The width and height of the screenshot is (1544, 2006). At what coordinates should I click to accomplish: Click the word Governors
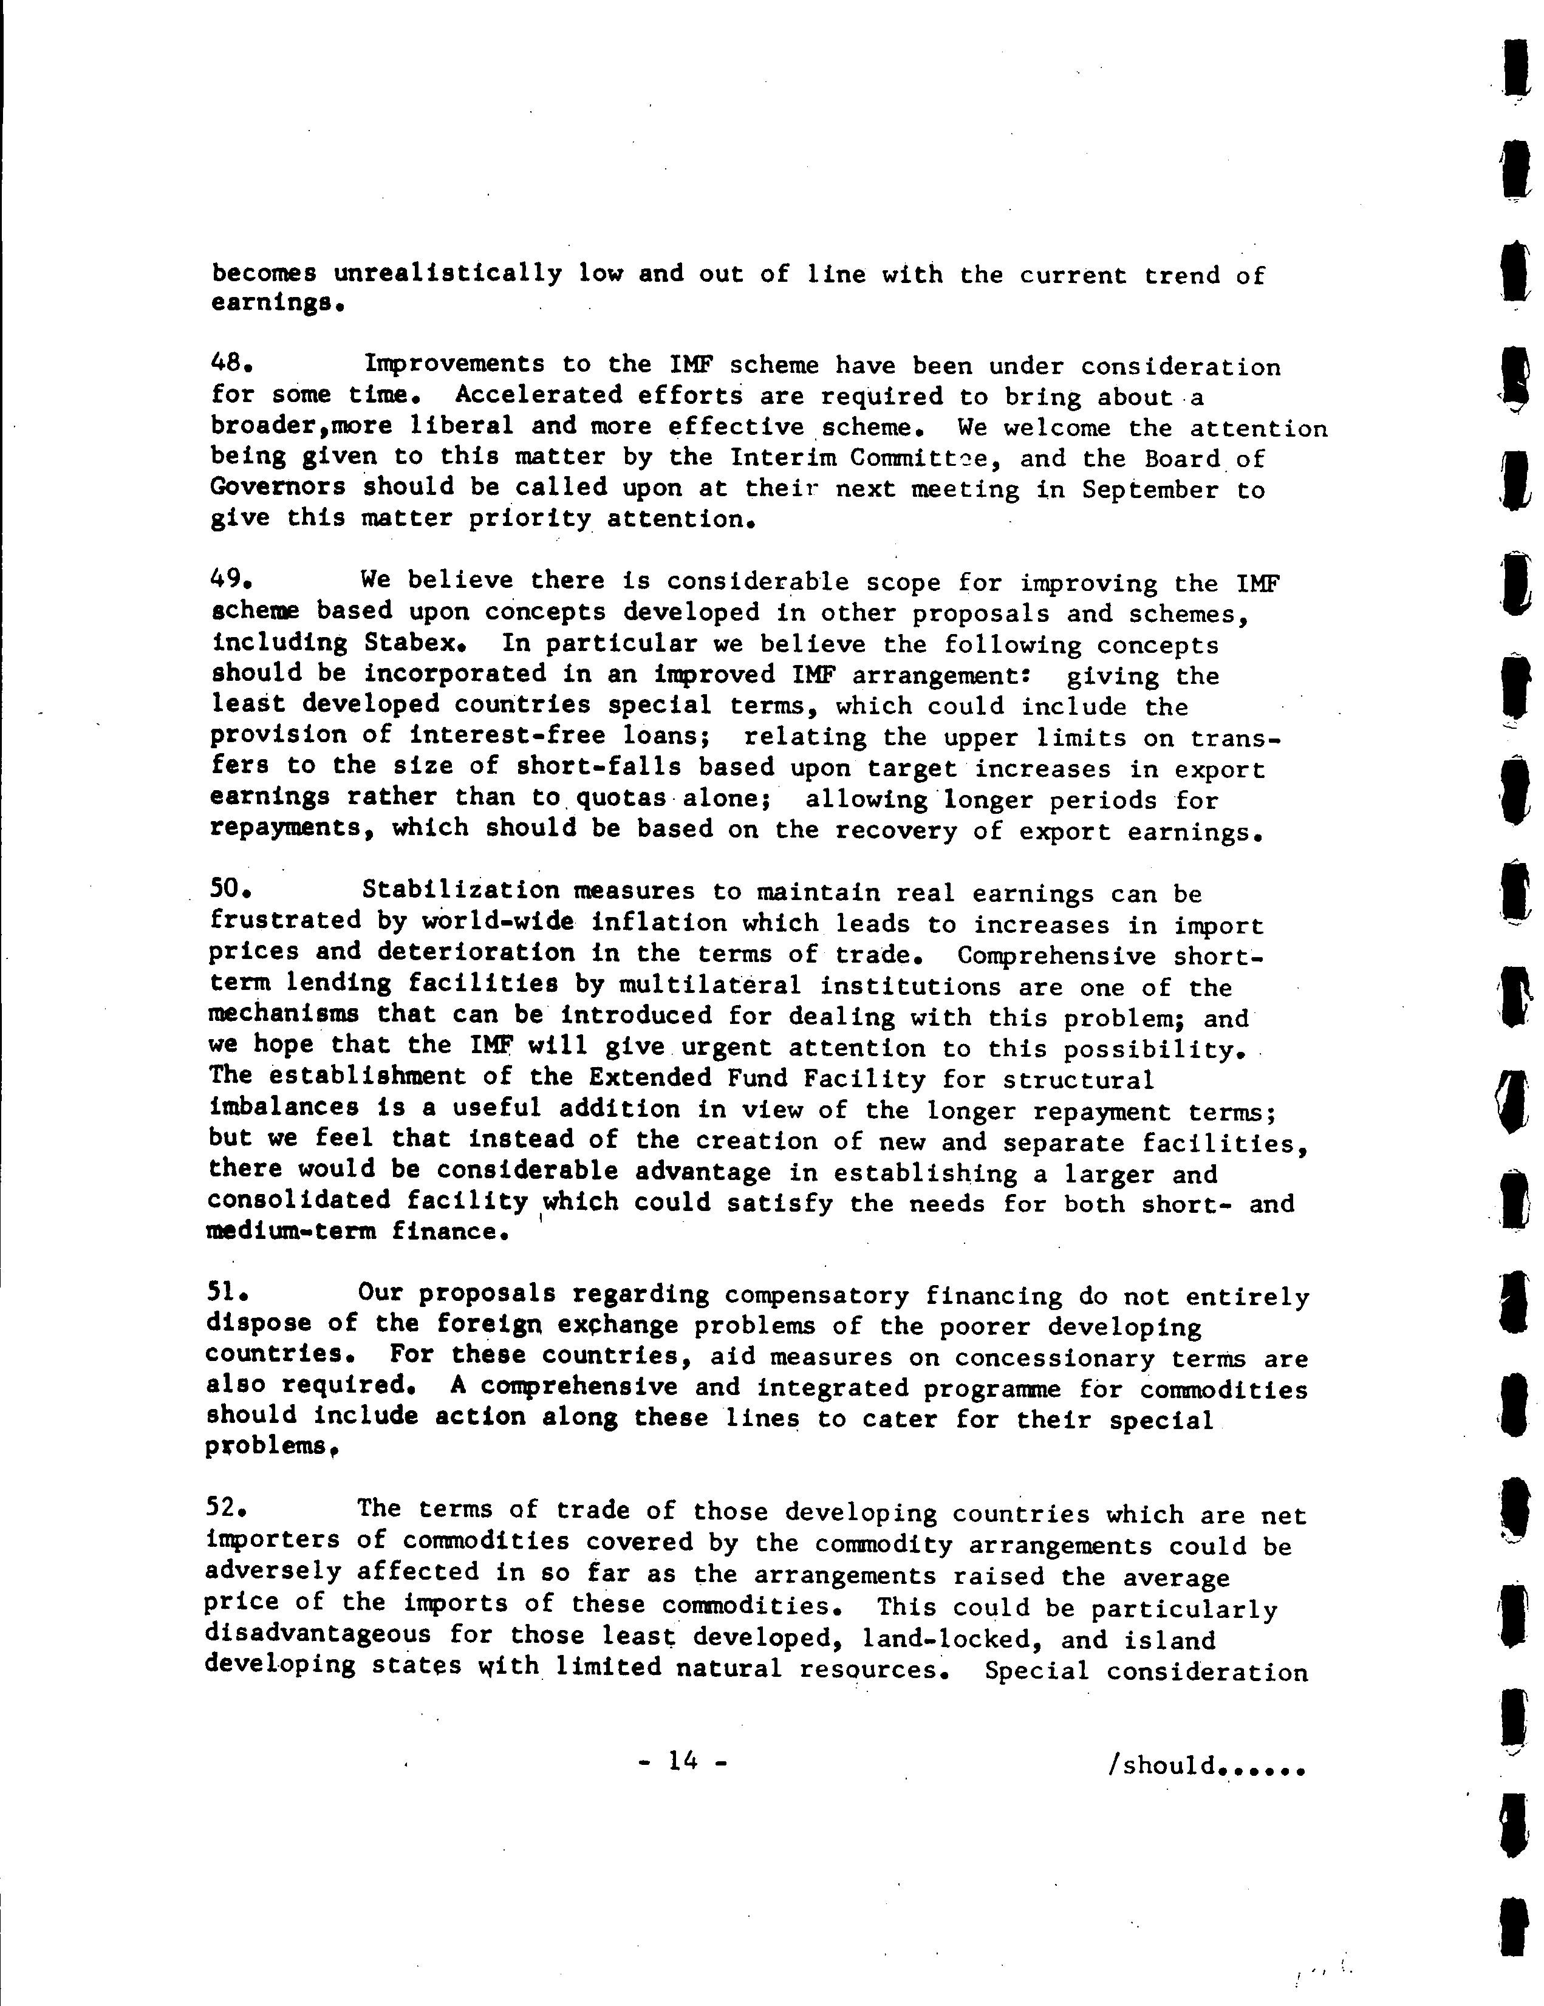tap(278, 487)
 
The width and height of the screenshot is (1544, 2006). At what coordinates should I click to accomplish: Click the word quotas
tap(620, 798)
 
